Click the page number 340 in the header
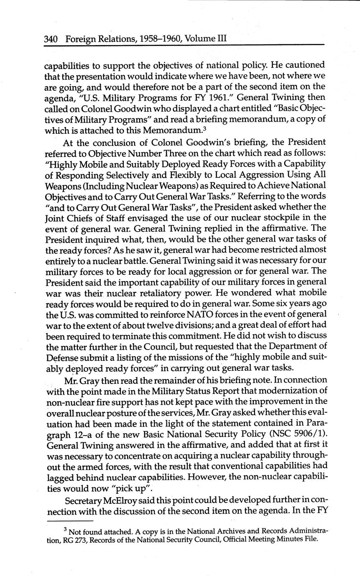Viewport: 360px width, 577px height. coord(50,39)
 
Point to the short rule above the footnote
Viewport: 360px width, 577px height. coord(71,521)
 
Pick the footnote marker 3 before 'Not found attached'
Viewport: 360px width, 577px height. coord(65,529)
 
